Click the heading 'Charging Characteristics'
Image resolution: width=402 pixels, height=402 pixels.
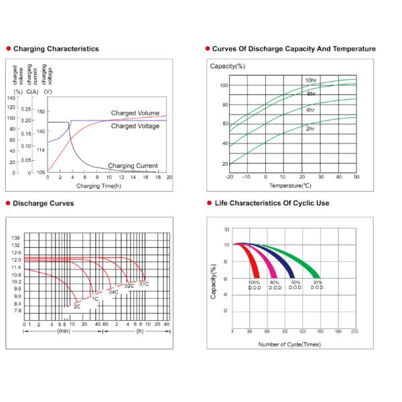56,49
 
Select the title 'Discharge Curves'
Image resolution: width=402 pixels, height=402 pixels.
44,203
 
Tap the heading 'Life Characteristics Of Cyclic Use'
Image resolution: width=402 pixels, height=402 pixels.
271,203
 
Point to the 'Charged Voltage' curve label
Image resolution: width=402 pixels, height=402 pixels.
135,126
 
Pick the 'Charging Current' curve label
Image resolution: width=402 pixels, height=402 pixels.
133,165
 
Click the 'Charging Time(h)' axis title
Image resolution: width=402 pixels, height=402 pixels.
98,185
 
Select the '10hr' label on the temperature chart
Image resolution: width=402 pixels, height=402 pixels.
311,80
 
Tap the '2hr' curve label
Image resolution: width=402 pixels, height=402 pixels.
311,128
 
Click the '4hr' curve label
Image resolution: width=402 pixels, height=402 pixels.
311,109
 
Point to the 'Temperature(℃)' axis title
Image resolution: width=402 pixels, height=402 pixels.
290,185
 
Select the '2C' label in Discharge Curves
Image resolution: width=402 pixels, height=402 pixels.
77,306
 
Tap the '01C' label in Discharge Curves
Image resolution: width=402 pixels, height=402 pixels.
143,285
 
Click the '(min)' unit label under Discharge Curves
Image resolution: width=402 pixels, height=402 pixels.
64,331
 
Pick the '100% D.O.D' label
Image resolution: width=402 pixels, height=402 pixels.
255,285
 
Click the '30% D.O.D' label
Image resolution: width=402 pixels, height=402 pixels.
317,285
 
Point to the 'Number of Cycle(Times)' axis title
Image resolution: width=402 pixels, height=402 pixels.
289,344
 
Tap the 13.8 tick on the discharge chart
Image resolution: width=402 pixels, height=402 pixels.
16,238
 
